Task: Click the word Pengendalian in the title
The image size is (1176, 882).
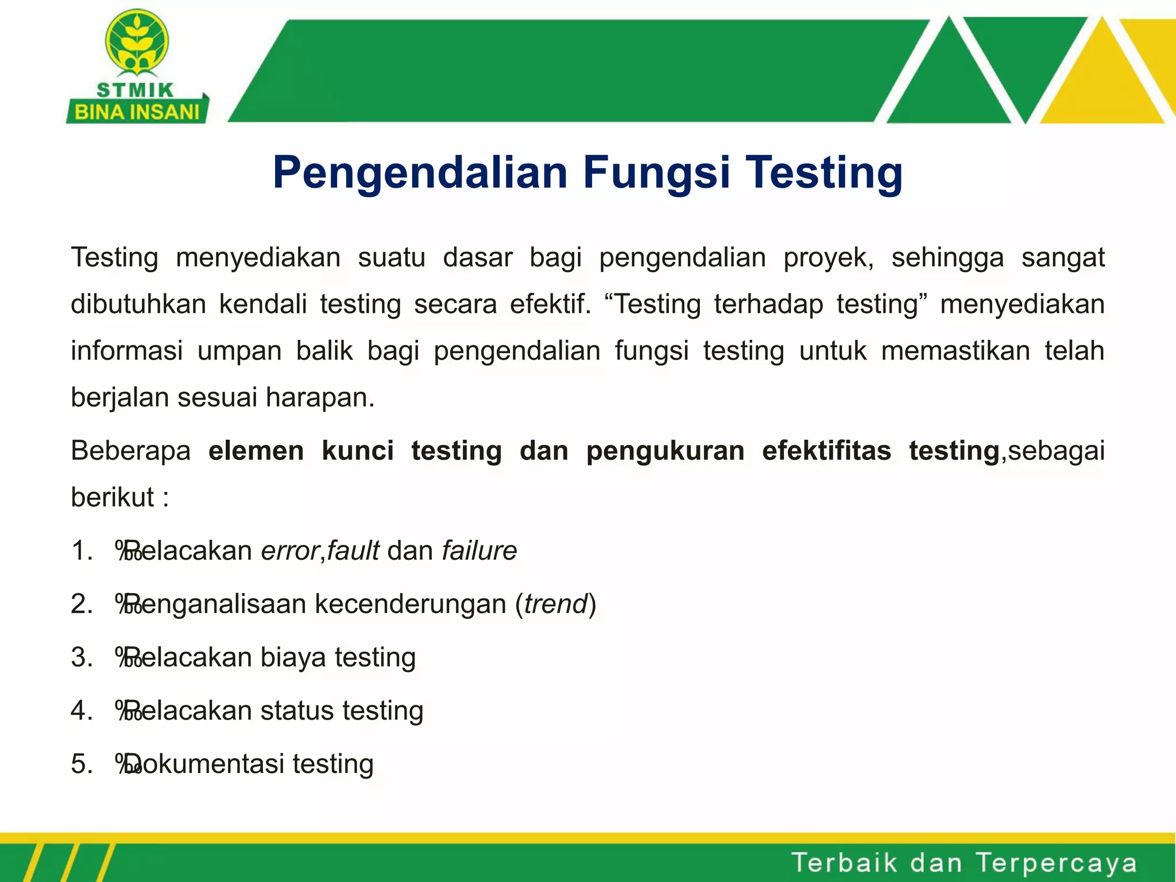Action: click(x=421, y=173)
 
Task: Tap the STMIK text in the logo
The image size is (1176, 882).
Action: click(x=136, y=90)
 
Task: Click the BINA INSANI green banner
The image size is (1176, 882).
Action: click(x=137, y=111)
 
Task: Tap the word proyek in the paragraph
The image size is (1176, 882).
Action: click(x=829, y=257)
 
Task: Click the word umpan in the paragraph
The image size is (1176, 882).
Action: click(x=239, y=351)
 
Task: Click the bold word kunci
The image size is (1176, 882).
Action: click(x=358, y=451)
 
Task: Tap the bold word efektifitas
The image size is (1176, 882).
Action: click(x=826, y=451)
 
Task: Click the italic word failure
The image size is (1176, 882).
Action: click(x=479, y=551)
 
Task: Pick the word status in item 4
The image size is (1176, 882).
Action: click(x=297, y=711)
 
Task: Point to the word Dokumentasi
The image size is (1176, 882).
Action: click(x=204, y=764)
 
